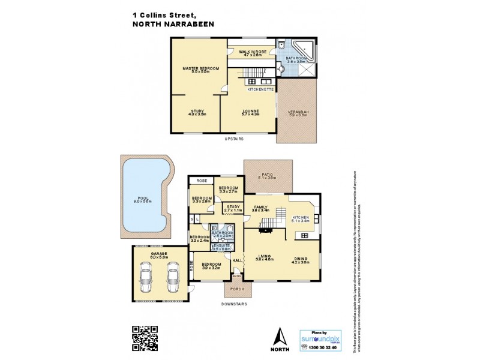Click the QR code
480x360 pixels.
(145, 337)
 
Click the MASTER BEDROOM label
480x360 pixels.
(200, 69)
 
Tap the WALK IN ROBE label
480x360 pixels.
(252, 52)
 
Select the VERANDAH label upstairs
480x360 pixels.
(298, 112)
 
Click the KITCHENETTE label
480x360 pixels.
(261, 89)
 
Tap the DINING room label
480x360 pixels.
(299, 259)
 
